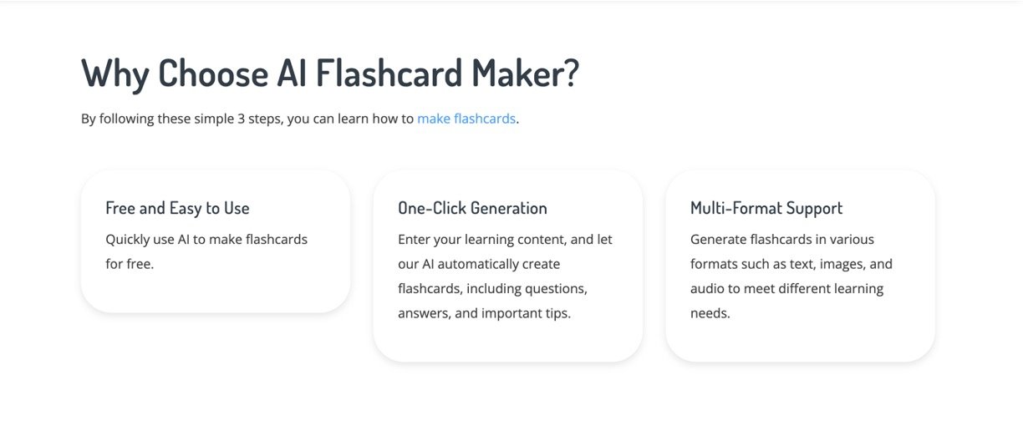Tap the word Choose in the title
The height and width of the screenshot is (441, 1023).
213,73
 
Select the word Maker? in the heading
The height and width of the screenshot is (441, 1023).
525,73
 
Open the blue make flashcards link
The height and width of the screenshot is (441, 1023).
466,119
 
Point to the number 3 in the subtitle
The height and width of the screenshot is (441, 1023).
242,119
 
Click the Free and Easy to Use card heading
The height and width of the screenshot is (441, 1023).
177,208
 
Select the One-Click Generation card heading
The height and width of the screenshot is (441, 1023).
472,208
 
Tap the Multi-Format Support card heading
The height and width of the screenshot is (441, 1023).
766,208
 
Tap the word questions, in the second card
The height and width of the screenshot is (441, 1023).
556,289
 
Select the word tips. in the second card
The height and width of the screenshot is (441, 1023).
558,314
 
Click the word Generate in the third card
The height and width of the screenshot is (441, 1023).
718,240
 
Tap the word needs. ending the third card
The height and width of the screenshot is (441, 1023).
710,314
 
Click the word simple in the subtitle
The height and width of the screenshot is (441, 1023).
214,119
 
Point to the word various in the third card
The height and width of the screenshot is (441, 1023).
852,240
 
